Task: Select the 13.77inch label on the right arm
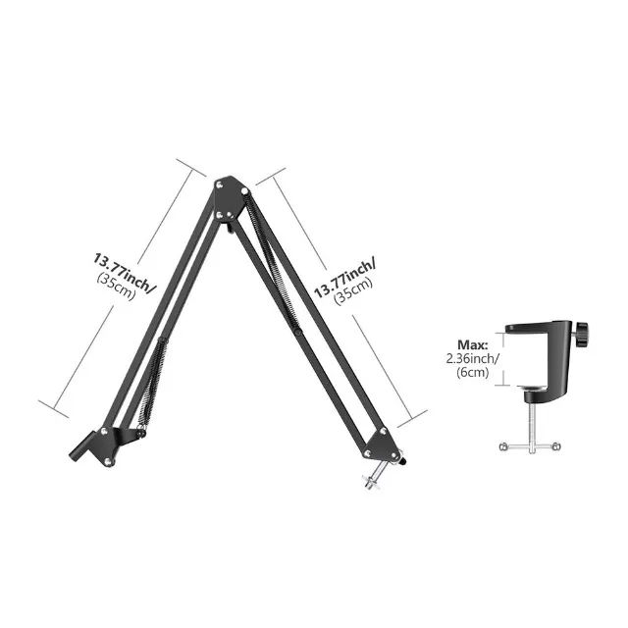click(x=344, y=277)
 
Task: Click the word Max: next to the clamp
click(x=473, y=345)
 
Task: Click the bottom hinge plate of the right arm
click(x=381, y=444)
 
